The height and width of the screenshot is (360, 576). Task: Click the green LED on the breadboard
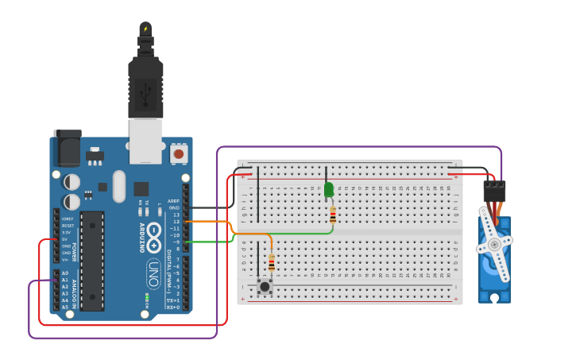[x=329, y=189]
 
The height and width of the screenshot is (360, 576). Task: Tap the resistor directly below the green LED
[x=333, y=215]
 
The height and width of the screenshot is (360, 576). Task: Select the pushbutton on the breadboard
[x=265, y=286]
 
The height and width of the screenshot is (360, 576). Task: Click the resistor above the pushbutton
[x=272, y=262]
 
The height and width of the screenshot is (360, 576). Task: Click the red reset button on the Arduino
[x=179, y=153]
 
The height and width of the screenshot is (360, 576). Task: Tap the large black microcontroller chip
[x=91, y=260]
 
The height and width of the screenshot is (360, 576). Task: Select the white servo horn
[x=494, y=244]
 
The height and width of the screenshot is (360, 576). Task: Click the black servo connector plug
[x=494, y=191]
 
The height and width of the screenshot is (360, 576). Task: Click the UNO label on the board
[x=153, y=273]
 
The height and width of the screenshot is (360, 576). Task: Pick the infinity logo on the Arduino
[x=154, y=236]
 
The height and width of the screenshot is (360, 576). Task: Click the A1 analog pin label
[x=65, y=280]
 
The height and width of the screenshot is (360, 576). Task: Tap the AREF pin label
[x=173, y=201]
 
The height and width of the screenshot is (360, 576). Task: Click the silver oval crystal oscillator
[x=119, y=186]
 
